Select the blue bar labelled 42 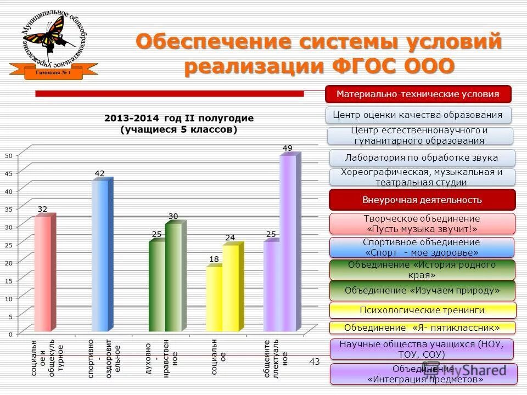tap(100, 256)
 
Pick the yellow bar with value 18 tap(214, 298)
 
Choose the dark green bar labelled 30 tap(173, 277)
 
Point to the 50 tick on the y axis tap(8, 155)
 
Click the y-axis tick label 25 tap(8, 245)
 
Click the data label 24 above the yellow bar tap(230, 238)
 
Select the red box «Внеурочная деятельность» tap(422, 200)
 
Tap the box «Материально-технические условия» tap(418, 94)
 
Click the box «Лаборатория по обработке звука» tap(422, 158)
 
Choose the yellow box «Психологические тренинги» tap(422, 311)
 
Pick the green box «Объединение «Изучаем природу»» tap(422, 290)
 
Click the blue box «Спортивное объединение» tap(422, 247)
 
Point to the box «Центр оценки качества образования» tap(418, 115)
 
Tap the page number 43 tap(315, 362)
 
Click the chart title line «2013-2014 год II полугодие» tap(179, 119)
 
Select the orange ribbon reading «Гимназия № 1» tap(54, 72)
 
